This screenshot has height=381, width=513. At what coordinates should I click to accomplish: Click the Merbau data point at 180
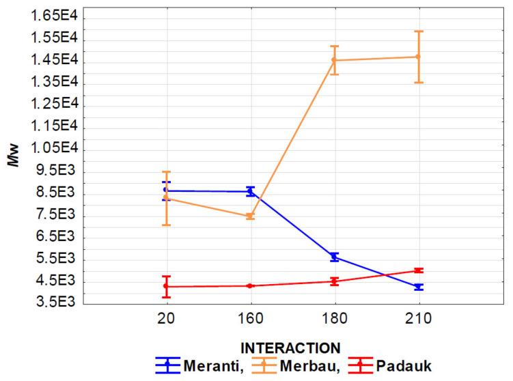click(334, 60)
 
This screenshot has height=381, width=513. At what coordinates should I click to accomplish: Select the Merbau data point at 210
click(418, 57)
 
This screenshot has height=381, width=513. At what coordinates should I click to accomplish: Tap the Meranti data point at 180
click(334, 257)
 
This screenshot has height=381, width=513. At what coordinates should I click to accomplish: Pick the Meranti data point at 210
click(418, 287)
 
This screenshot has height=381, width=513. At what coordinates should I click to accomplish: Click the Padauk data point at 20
click(166, 287)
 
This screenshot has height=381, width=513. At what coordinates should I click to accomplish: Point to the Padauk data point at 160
click(250, 285)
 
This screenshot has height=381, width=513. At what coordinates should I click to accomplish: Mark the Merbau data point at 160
click(250, 216)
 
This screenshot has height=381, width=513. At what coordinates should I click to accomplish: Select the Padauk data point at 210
click(418, 270)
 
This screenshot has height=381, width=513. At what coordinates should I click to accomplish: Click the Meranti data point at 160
click(250, 191)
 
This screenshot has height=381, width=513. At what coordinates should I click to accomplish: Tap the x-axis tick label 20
click(166, 320)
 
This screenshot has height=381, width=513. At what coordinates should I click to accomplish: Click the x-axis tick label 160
click(250, 320)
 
